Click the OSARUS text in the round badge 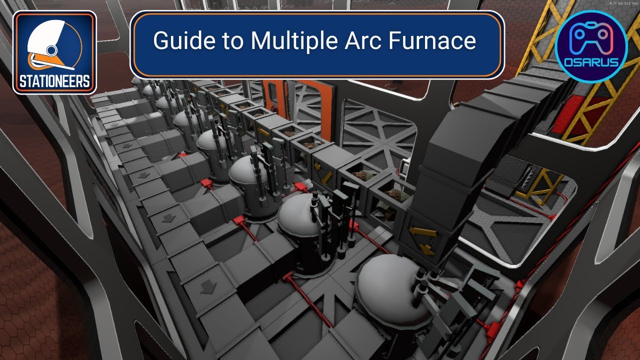point(591,62)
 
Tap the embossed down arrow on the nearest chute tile point(206,286)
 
